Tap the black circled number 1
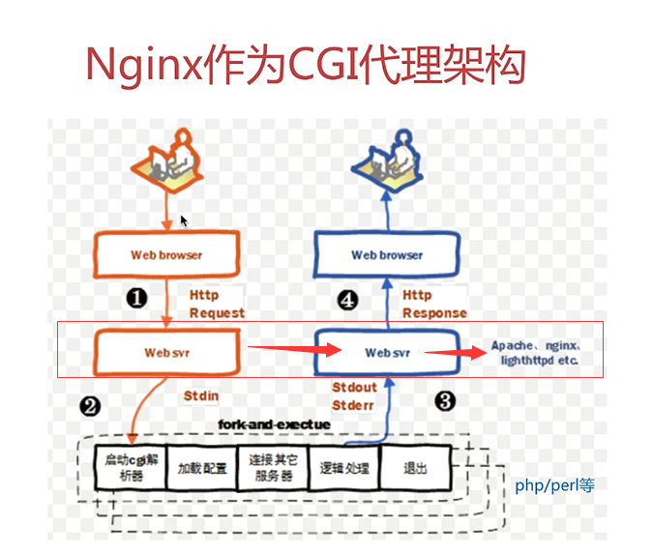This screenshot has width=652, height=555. (x=136, y=298)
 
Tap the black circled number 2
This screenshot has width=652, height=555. (x=90, y=406)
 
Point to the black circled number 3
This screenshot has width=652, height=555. (x=445, y=400)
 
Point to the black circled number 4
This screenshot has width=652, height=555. (x=347, y=300)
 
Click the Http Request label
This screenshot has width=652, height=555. (x=217, y=304)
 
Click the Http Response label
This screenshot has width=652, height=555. (x=434, y=304)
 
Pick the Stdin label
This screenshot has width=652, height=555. (x=201, y=395)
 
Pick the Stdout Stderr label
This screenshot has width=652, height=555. (x=354, y=396)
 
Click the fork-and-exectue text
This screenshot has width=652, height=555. (x=275, y=424)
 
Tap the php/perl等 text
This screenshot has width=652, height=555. (x=554, y=485)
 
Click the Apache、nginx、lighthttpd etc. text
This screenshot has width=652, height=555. (x=536, y=353)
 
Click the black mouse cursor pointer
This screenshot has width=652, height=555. (x=184, y=220)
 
